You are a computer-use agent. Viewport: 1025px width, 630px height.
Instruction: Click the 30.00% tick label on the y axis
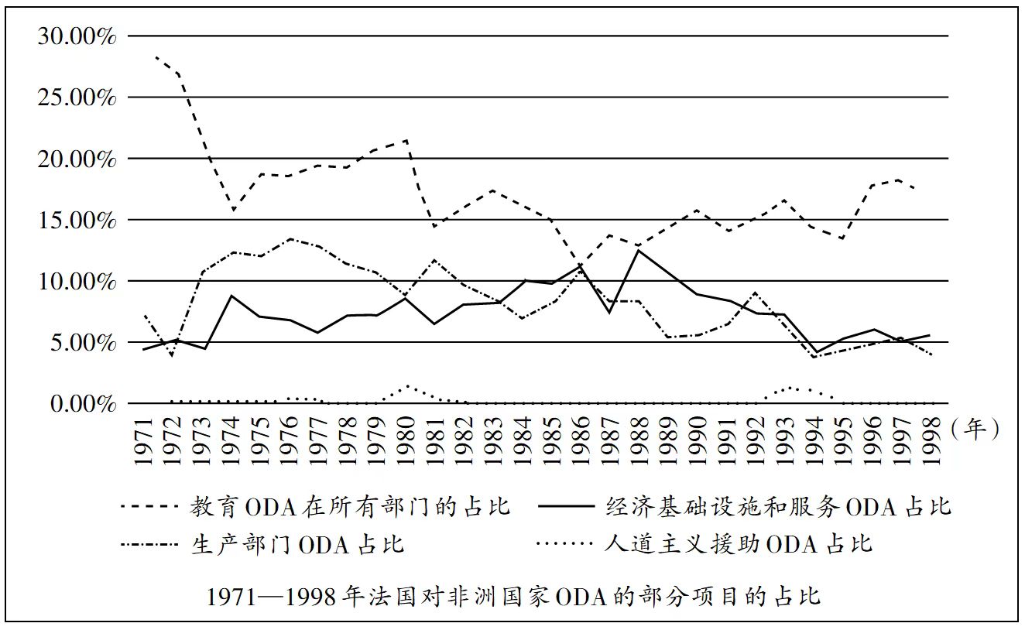(77, 36)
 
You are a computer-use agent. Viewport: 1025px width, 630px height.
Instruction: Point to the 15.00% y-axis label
(77, 220)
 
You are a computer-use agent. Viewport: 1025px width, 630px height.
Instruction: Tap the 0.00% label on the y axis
(81, 403)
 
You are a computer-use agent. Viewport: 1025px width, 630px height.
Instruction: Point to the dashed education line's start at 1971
(157, 57)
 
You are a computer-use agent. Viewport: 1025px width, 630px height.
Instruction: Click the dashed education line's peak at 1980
(407, 141)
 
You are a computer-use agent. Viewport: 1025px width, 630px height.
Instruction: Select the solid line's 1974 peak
(231, 296)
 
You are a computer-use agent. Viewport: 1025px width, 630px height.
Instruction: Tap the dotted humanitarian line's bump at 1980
(407, 386)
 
